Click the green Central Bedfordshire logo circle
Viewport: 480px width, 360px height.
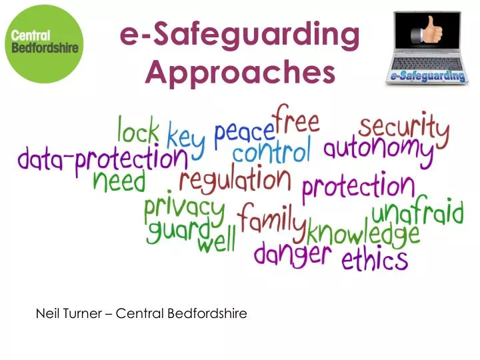pyautogui.click(x=43, y=44)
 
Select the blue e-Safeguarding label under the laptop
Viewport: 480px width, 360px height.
pyautogui.click(x=425, y=77)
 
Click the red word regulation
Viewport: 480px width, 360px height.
pyautogui.click(x=235, y=180)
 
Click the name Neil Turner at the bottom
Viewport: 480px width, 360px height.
pyautogui.click(x=69, y=313)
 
